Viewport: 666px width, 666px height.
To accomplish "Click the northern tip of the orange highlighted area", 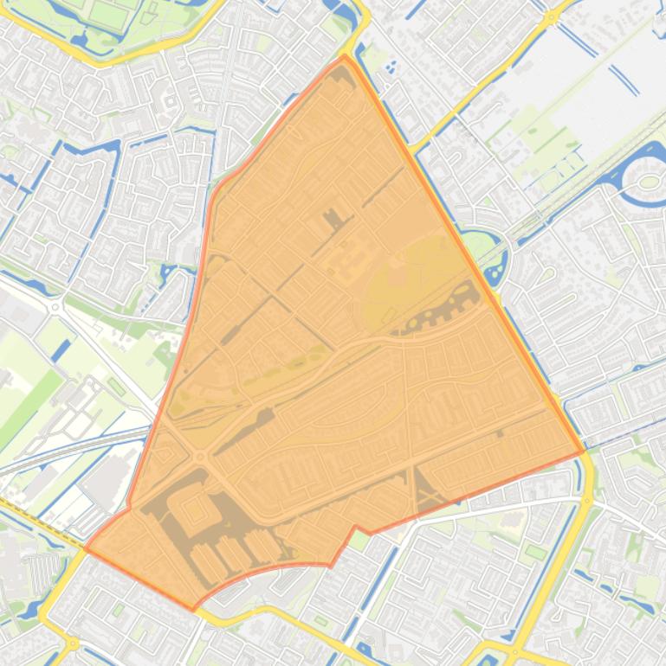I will pyautogui.click(x=345, y=56).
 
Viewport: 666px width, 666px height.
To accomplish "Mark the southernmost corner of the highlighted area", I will pyautogui.click(x=193, y=610).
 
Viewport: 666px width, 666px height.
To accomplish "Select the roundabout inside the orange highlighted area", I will pyautogui.click(x=201, y=456).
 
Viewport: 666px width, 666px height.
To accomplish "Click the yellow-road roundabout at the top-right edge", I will pyautogui.click(x=551, y=16).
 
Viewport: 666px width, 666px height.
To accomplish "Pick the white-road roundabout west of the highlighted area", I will pyautogui.click(x=56, y=305).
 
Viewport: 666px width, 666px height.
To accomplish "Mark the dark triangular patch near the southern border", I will pyautogui.click(x=428, y=490).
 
